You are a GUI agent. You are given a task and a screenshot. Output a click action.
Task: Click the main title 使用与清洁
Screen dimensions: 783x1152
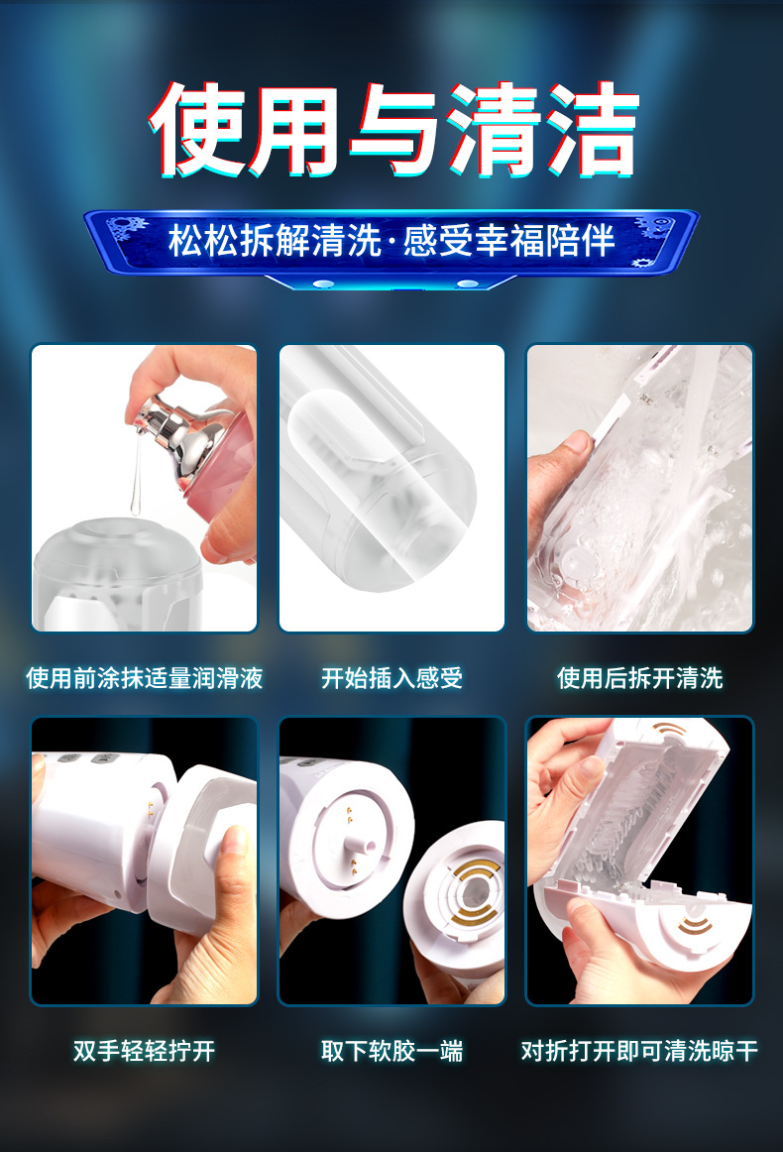click(393, 130)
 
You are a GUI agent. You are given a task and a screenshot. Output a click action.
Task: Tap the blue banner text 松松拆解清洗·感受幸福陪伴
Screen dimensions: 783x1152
click(391, 241)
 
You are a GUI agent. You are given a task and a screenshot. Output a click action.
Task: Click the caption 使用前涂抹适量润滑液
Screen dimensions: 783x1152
click(145, 677)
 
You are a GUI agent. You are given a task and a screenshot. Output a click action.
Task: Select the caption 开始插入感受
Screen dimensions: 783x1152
click(392, 677)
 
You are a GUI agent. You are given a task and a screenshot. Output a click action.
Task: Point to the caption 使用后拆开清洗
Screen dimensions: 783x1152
click(639, 677)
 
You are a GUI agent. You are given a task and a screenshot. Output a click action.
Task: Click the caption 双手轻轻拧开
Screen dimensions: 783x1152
click(145, 1051)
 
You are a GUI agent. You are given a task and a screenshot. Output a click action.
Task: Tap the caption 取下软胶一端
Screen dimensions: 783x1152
click(392, 1051)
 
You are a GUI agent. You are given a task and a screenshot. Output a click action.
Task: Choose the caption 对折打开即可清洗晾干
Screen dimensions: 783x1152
click(639, 1051)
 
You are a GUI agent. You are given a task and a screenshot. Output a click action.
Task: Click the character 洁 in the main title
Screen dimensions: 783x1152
click(592, 130)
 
